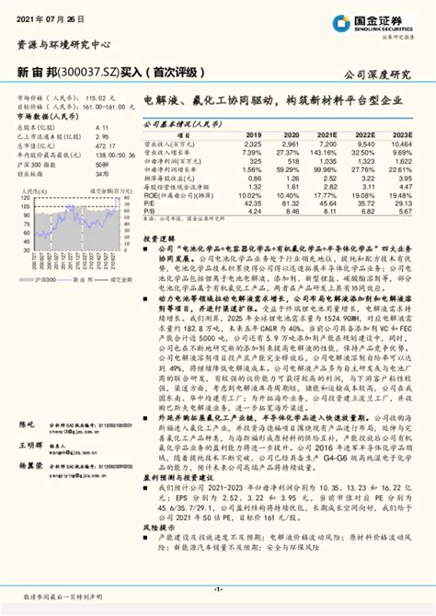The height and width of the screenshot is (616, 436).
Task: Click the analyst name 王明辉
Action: [29, 442]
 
